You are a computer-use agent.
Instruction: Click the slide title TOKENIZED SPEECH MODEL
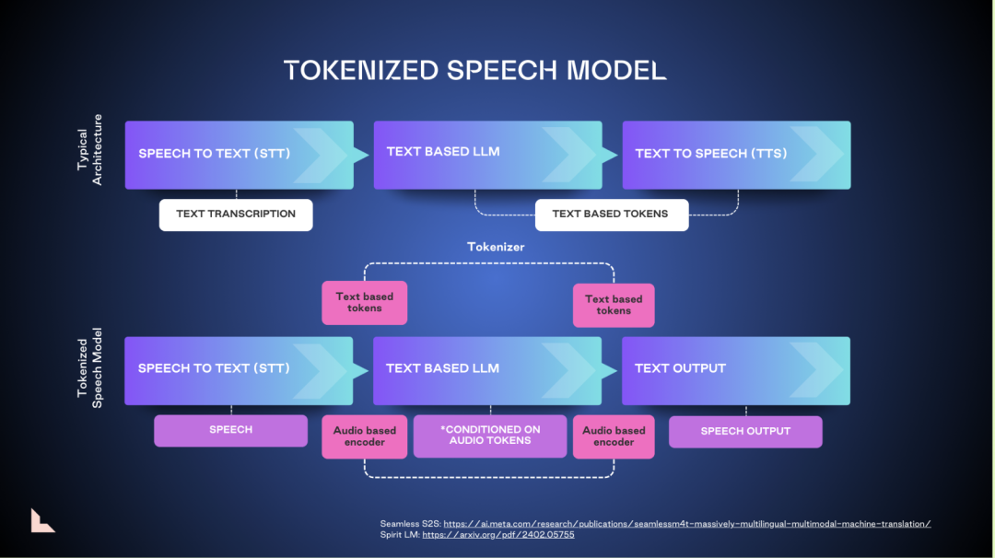coord(474,71)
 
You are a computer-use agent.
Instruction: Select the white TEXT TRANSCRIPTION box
coord(236,215)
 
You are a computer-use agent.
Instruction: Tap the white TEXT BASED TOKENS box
coord(612,215)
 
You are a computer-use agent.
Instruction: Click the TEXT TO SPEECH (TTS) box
coord(736,155)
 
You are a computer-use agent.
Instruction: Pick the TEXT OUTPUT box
coord(736,369)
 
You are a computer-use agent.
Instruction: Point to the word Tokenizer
coord(496,247)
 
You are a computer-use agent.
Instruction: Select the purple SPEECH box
coord(230,430)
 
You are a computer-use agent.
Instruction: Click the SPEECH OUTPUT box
coord(745,431)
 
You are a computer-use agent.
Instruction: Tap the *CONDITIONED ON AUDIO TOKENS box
coord(490,436)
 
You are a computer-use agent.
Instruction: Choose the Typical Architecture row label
coord(90,150)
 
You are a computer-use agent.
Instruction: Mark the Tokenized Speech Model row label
coord(90,368)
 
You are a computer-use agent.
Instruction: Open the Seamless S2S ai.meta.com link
coord(687,524)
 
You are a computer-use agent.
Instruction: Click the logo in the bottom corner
coord(41,520)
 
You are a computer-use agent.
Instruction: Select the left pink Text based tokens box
coord(365,303)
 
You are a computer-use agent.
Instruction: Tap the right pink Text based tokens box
coord(614,305)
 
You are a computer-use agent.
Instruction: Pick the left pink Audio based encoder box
coord(365,436)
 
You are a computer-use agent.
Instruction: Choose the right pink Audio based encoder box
coord(614,436)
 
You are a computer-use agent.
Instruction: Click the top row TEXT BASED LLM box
coord(487,155)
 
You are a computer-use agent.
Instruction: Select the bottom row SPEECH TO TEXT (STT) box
coord(239,369)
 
